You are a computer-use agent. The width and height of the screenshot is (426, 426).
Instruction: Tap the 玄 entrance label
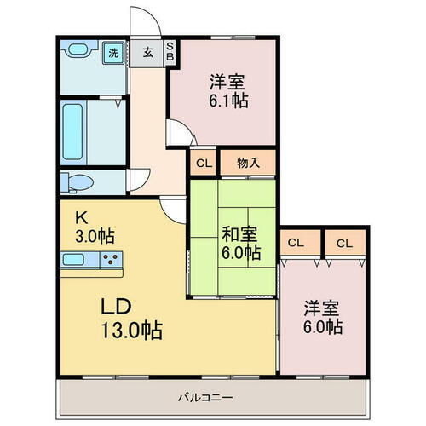(147, 53)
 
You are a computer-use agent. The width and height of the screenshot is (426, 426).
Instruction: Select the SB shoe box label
(170, 52)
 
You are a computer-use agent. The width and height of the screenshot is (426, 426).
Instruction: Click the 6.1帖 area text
(229, 100)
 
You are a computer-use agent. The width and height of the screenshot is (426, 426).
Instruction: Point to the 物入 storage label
(248, 162)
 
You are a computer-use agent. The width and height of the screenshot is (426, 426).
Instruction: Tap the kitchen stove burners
(111, 259)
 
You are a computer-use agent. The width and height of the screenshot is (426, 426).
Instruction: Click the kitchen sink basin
(72, 259)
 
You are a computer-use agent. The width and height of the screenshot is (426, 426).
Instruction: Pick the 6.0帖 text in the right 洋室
(323, 325)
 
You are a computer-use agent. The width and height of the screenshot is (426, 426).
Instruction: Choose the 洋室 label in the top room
(229, 82)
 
